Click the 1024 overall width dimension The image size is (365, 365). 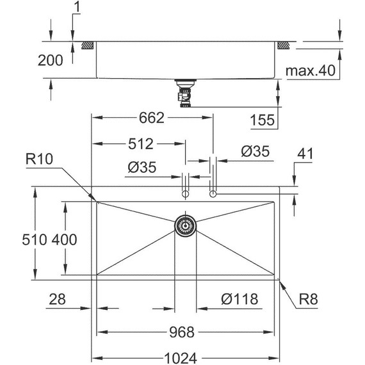(x=181, y=358)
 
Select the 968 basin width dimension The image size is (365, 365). (x=182, y=332)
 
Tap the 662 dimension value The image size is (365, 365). (x=152, y=118)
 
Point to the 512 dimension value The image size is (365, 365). (x=141, y=144)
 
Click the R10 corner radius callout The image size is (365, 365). (x=39, y=159)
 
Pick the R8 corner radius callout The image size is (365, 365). (x=308, y=299)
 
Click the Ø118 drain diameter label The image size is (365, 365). (x=239, y=299)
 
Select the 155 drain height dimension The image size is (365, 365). (x=263, y=120)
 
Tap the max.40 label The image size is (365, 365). (x=311, y=70)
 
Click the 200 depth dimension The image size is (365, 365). (x=51, y=60)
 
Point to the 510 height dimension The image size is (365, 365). (x=34, y=239)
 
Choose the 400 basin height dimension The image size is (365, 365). (x=64, y=239)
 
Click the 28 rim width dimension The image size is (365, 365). (x=57, y=299)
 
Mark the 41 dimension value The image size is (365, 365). (x=305, y=154)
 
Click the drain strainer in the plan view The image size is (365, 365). (x=185, y=225)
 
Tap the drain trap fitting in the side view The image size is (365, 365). (x=185, y=93)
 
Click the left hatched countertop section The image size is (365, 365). (x=88, y=45)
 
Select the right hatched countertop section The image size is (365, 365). (x=283, y=45)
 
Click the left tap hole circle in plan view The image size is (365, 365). (x=185, y=194)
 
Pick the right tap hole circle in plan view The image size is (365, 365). (x=213, y=194)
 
